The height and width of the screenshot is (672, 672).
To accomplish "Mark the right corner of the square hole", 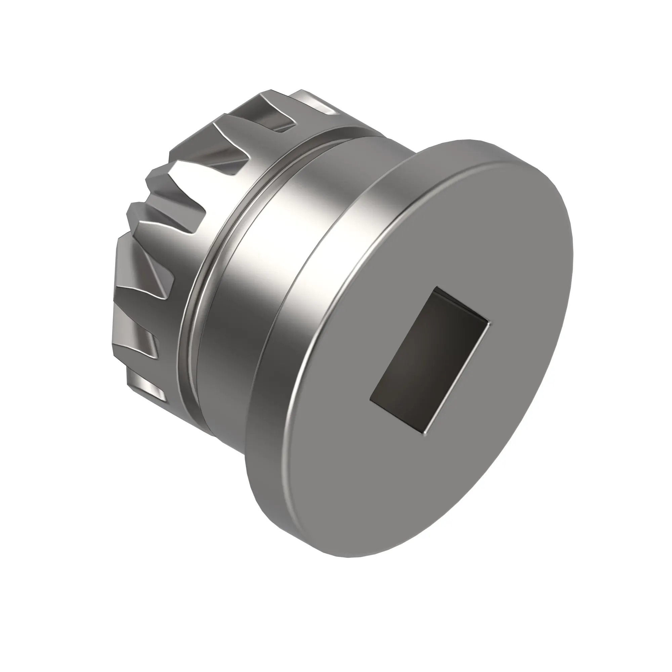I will click(491, 324).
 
